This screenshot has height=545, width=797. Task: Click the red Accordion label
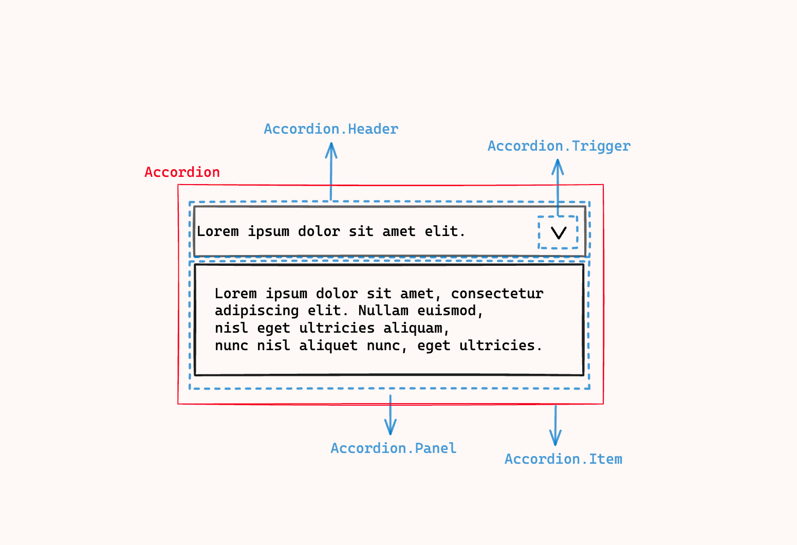182,172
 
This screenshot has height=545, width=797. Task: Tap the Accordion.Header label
331,129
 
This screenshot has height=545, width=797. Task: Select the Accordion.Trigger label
559,147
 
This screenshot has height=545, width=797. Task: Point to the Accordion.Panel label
394,448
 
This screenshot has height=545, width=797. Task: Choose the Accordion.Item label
564,459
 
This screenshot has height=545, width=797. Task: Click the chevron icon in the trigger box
559,233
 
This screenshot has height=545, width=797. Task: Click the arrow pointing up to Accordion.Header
331,172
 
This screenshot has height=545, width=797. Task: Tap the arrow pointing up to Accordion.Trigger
558,188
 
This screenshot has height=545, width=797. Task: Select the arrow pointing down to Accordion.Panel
391,415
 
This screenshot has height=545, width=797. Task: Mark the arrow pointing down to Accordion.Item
555,425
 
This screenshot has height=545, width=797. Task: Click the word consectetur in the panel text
497,294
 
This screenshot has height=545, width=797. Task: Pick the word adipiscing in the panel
257,311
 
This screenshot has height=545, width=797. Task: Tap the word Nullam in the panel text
383,311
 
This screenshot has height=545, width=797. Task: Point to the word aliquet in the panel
328,346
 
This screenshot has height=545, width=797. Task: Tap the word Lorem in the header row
218,231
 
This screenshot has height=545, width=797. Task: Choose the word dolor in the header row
319,231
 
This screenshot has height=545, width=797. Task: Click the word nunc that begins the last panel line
231,346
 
